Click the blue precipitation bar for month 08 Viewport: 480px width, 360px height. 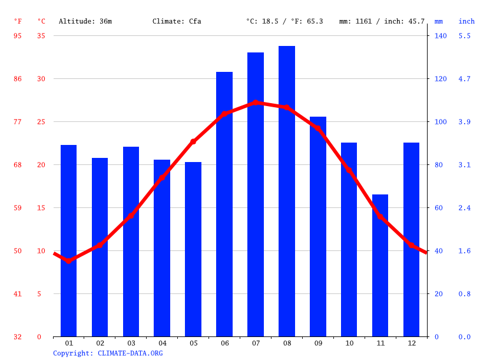click(286, 191)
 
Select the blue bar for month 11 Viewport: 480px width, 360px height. click(380, 265)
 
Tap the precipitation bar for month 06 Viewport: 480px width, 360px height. click(224, 204)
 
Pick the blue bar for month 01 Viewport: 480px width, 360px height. click(69, 240)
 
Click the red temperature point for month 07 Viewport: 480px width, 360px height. click(256, 103)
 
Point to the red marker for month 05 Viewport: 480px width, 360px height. click(193, 141)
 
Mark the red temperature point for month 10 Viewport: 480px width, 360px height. click(349, 170)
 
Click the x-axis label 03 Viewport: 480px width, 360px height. click(131, 343)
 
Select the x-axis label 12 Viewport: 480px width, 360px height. click(411, 343)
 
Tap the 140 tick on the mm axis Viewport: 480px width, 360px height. click(441, 36)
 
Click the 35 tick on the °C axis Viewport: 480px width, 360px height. click(41, 36)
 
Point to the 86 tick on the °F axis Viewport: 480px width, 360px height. click(18, 79)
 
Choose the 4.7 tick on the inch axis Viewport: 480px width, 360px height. click(465, 79)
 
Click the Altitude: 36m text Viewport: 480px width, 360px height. click(85, 21)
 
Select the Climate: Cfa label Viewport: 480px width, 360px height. click(177, 21)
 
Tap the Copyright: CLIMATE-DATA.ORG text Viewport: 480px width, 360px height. click(108, 354)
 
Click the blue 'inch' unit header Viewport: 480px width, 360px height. click(466, 21)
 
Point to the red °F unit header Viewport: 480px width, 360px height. click(18, 21)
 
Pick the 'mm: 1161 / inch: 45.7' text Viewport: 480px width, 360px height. click(382, 21)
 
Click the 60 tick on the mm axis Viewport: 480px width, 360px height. click(441, 208)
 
